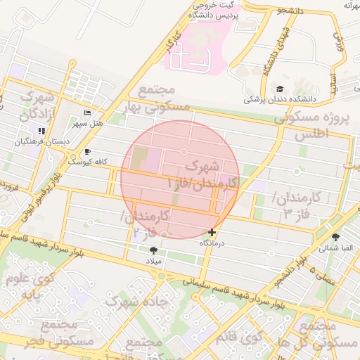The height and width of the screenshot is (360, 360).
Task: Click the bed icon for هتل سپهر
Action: (87, 113)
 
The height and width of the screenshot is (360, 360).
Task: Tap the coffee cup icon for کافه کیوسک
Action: (87, 151)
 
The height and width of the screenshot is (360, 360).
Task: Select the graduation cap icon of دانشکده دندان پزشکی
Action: (280, 89)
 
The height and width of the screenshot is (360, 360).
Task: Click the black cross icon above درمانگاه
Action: (212, 232)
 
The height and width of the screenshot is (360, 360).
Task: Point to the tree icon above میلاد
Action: (153, 250)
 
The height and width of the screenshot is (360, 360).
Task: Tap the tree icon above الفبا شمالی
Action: (335, 237)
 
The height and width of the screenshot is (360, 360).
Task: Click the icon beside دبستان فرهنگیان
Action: (41, 131)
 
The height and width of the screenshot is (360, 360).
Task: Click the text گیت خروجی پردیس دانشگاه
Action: (216, 10)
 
